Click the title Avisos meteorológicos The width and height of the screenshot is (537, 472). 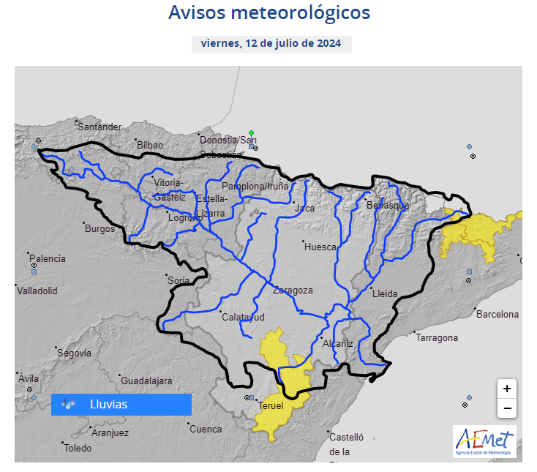(268, 13)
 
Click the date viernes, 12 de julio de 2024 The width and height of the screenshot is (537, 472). (271, 43)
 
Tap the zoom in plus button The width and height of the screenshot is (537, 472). (507, 388)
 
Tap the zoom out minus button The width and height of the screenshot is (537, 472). (507, 408)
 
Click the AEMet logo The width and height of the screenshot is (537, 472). (484, 441)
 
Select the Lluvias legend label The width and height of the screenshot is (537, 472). (108, 404)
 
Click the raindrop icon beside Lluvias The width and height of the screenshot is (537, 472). (70, 404)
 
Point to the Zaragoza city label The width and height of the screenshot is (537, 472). (293, 291)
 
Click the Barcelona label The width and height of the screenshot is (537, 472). (497, 315)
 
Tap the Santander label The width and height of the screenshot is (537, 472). (99, 127)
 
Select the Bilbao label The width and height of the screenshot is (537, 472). (149, 146)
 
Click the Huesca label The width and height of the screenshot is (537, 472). (320, 247)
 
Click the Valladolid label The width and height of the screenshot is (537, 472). (37, 291)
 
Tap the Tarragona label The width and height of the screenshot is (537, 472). (437, 338)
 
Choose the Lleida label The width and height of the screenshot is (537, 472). (385, 294)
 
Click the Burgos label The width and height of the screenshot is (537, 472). (100, 229)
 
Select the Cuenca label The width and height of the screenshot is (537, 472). (206, 430)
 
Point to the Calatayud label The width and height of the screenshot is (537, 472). (243, 317)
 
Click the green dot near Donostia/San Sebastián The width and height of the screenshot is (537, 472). (251, 133)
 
